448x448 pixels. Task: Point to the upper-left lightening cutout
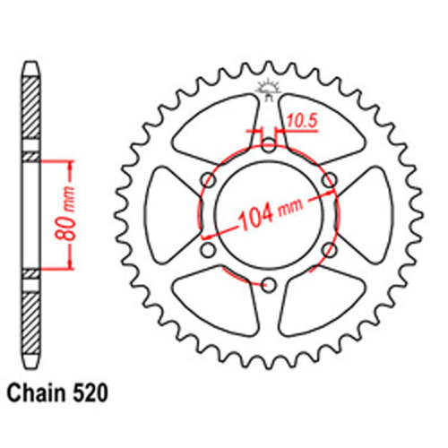click(x=215, y=130)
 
